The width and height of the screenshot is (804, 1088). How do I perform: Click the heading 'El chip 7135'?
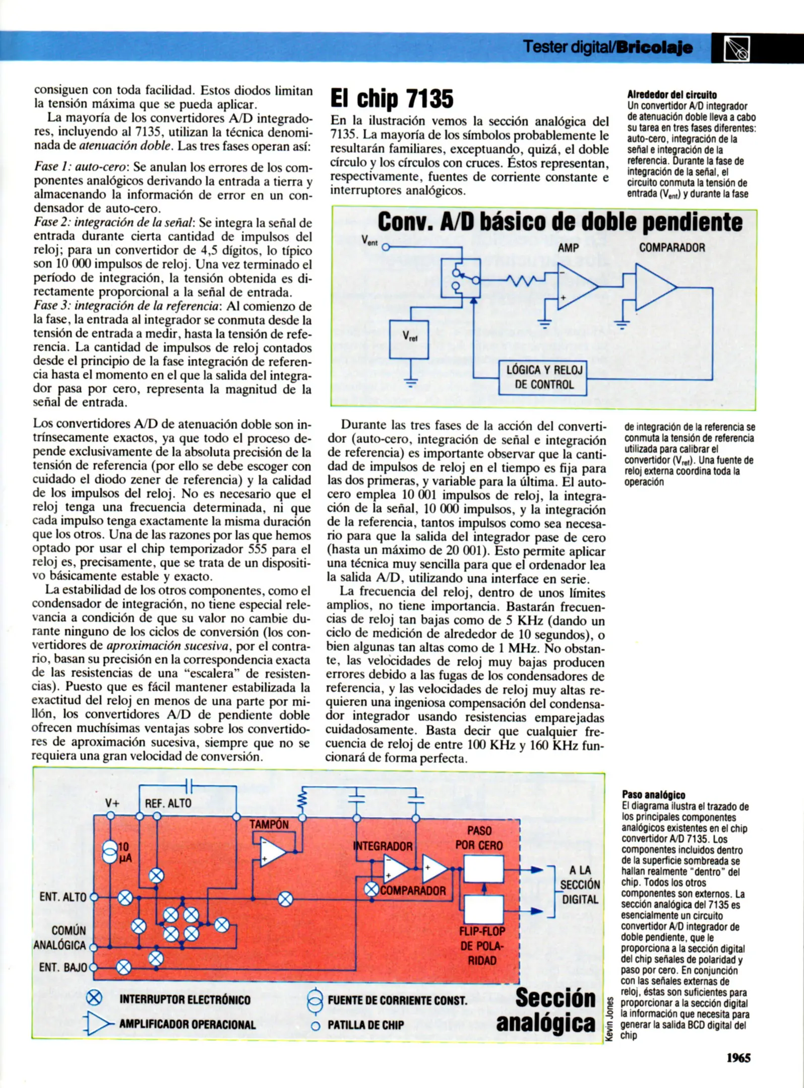392,98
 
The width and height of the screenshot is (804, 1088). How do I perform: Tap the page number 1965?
738,1058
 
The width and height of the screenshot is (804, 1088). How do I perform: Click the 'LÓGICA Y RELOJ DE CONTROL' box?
543,377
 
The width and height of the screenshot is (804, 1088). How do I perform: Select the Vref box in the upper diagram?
409,339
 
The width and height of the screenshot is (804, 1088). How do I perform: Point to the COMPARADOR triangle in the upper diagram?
654,287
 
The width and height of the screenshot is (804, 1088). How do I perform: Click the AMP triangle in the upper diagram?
576,287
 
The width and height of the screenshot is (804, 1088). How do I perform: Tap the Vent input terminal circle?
386,247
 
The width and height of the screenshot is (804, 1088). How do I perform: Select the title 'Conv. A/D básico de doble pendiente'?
560,222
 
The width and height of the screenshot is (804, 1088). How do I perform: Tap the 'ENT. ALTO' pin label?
63,897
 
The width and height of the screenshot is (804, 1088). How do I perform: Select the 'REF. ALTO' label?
168,803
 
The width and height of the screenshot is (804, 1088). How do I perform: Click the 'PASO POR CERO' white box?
483,869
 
